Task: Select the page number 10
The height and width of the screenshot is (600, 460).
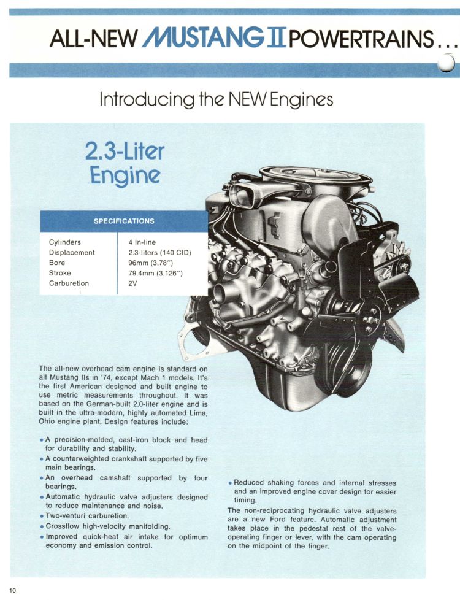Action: (x=13, y=590)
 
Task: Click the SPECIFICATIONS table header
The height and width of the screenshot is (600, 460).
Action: (x=124, y=221)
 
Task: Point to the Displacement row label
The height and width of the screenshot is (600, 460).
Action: (x=72, y=252)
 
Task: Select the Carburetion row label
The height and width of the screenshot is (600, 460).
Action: (x=69, y=283)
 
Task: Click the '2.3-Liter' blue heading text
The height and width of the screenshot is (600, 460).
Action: (x=125, y=151)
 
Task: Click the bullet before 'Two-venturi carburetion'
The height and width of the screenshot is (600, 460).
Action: (x=41, y=517)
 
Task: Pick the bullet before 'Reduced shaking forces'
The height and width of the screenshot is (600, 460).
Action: (x=230, y=483)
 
